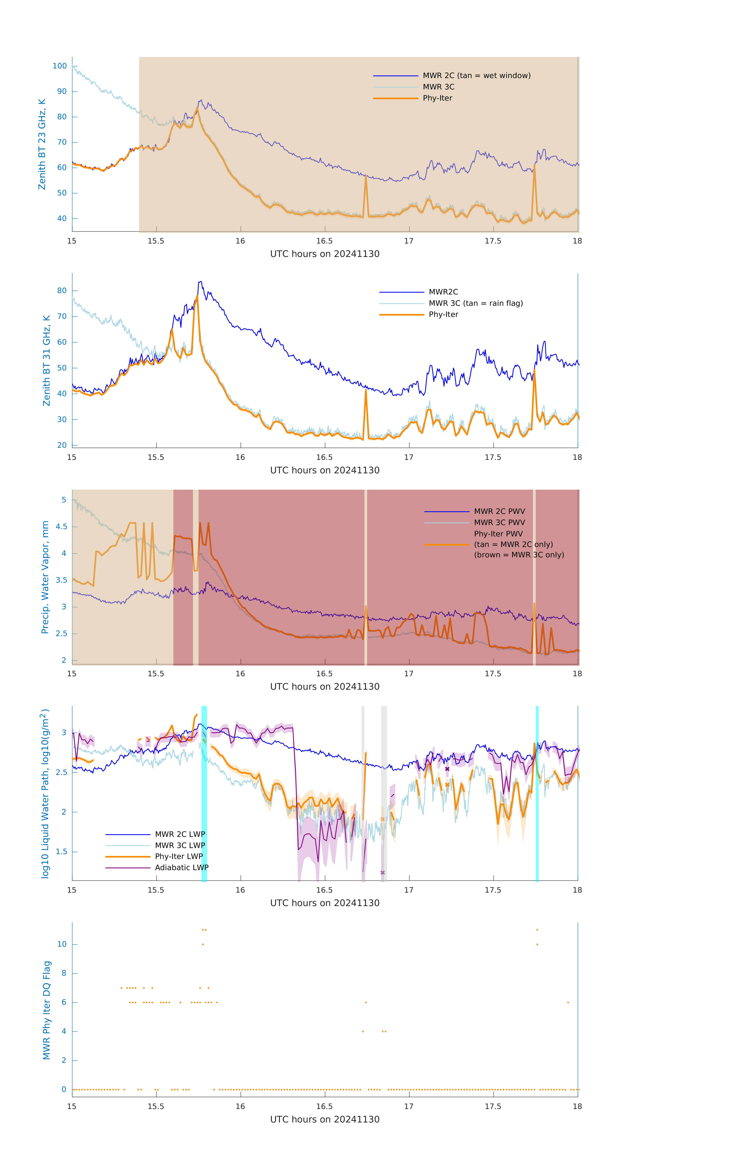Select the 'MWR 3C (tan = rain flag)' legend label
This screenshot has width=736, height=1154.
point(476,303)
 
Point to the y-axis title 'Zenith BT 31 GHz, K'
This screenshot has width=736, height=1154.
point(47,360)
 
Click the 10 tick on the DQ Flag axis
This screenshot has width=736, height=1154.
point(62,944)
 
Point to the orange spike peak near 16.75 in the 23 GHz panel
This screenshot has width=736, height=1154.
point(366,176)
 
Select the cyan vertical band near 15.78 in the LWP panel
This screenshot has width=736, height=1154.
point(204,793)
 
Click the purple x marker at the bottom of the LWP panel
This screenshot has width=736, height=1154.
point(383,873)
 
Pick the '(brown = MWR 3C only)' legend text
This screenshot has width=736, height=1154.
point(519,555)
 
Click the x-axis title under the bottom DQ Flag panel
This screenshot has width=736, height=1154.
point(325,1120)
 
